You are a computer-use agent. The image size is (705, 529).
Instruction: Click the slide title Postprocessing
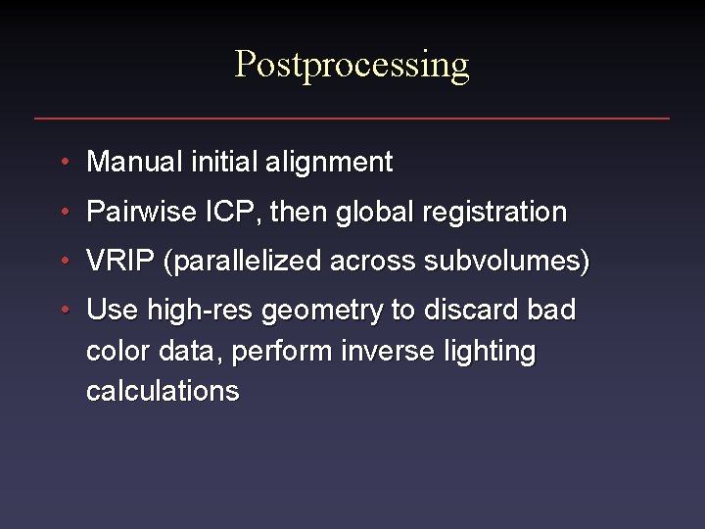[x=352, y=65]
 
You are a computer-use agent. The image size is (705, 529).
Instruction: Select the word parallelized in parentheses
[x=245, y=263]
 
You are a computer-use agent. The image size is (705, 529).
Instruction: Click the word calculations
[x=163, y=391]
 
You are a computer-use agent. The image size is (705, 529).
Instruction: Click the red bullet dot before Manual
[x=64, y=162]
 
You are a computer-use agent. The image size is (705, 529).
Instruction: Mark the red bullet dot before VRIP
[x=64, y=262]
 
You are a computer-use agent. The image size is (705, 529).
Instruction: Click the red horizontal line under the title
[x=352, y=119]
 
